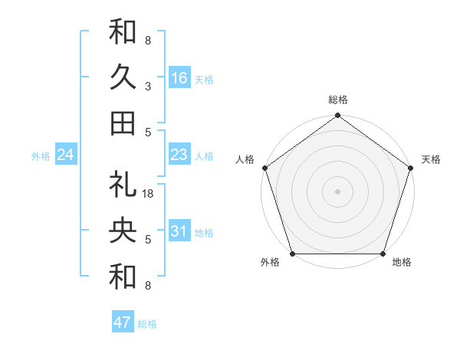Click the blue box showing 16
(179, 78)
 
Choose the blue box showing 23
(179, 155)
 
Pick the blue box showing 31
(179, 232)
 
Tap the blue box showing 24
(66, 155)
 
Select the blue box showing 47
(123, 322)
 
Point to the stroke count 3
(147, 86)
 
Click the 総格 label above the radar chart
(337, 100)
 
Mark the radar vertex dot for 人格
(265, 169)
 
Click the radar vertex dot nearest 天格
(410, 169)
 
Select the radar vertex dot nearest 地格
(383, 254)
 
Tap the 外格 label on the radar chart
(270, 263)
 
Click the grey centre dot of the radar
(337, 191)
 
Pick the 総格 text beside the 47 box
(147, 324)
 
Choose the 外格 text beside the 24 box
(41, 156)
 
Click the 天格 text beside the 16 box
(204, 79)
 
